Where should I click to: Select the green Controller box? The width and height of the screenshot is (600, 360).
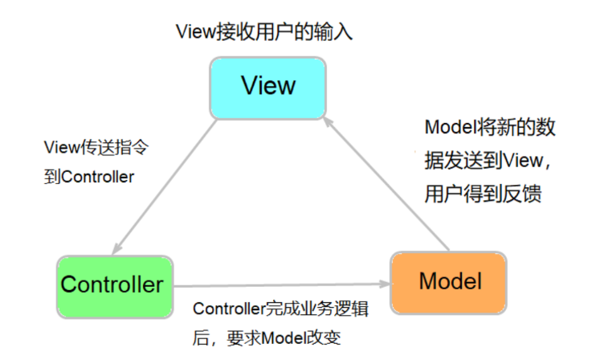(x=114, y=284)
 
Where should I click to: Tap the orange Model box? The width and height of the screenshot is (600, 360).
(x=448, y=282)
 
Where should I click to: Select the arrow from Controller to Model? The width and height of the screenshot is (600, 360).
(x=281, y=284)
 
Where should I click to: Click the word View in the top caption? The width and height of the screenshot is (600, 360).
(x=194, y=32)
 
